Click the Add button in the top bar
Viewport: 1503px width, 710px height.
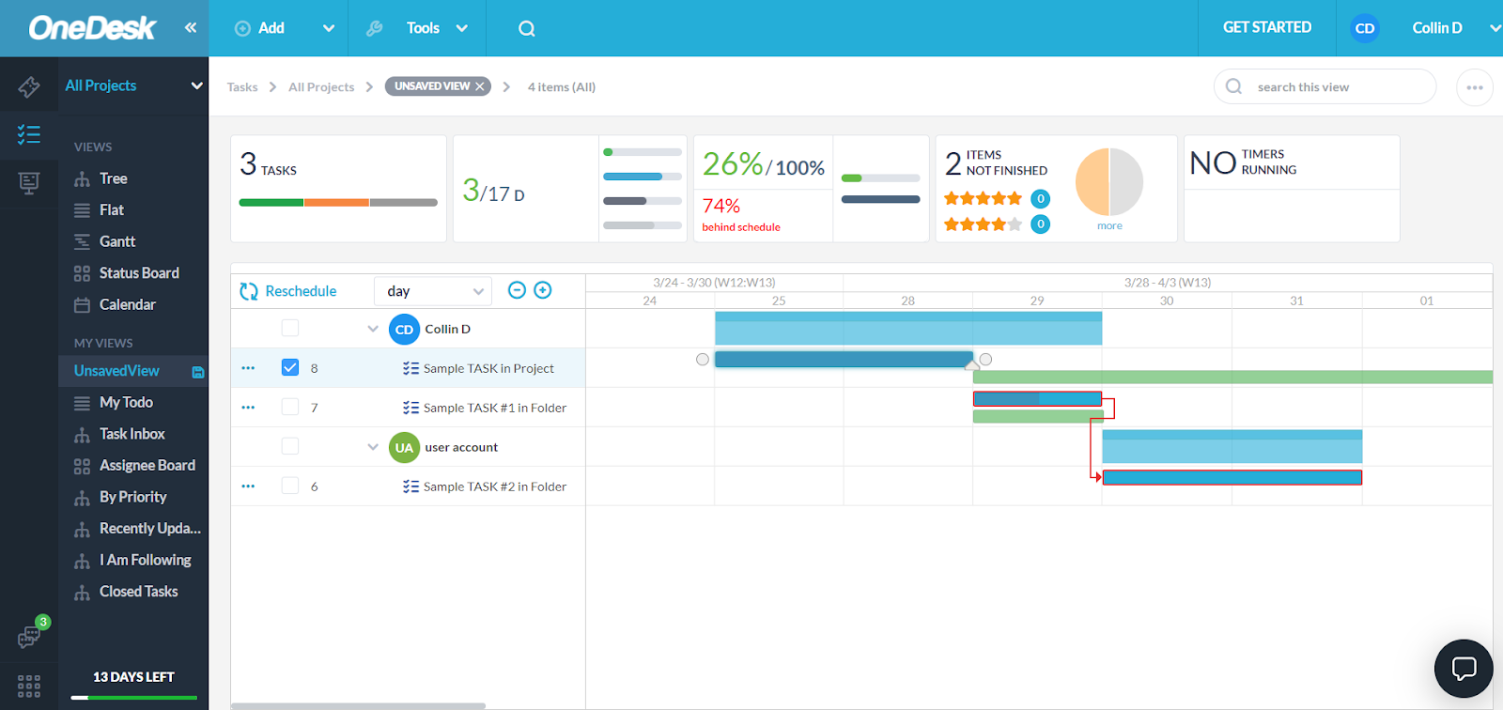click(260, 28)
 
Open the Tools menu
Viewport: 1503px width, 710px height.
click(423, 28)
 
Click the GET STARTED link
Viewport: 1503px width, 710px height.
click(1266, 27)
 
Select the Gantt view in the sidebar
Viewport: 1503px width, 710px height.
click(117, 241)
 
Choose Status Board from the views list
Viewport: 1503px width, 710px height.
click(139, 273)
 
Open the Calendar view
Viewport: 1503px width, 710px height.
click(127, 304)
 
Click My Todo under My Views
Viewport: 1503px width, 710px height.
click(126, 402)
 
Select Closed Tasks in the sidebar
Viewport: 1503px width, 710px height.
click(138, 592)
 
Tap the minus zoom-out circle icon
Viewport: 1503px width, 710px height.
click(517, 290)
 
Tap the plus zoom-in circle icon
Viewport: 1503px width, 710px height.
click(543, 290)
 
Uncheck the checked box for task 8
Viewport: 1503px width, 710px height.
click(290, 367)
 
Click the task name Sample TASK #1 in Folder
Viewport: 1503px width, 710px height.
click(494, 408)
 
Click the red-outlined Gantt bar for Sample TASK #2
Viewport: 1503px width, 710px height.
click(1232, 478)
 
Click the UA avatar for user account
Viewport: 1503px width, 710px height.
click(404, 448)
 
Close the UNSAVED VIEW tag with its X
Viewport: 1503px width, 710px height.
click(480, 86)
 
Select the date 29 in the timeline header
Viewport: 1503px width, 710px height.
click(1037, 301)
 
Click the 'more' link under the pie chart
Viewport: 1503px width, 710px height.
click(1109, 226)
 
